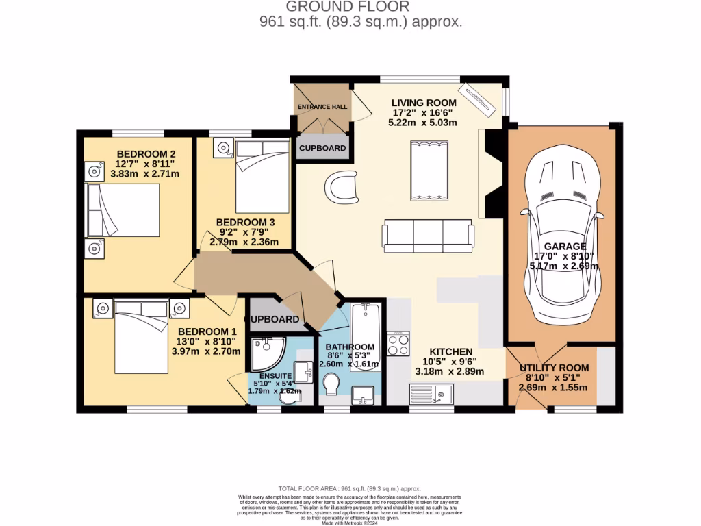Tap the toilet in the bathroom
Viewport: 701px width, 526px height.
click(331, 384)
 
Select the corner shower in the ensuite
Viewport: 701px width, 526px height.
click(266, 352)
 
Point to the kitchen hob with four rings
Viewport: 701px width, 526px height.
click(398, 343)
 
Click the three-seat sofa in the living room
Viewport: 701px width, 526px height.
click(428, 235)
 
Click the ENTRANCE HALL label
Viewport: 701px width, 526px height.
click(322, 107)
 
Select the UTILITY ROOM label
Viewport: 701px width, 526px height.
click(554, 368)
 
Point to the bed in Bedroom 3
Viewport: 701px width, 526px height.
click(262, 178)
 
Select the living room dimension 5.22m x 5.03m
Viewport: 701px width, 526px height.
click(424, 123)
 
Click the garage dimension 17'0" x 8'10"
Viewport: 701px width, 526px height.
click(564, 257)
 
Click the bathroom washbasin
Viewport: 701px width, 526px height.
click(364, 395)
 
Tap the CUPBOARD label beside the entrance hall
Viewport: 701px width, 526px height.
click(322, 148)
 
